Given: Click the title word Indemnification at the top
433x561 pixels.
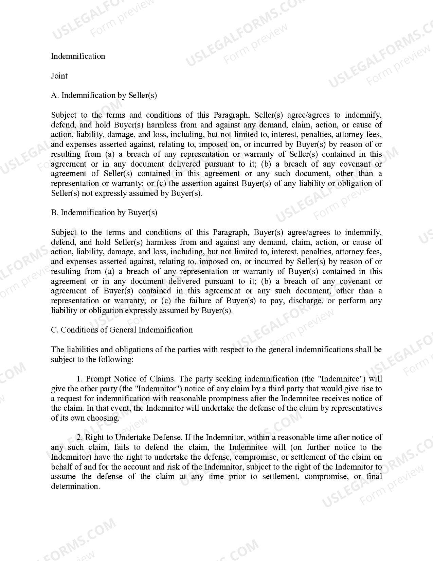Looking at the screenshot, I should click(78, 56).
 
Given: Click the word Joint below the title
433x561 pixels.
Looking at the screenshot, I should click(59, 76).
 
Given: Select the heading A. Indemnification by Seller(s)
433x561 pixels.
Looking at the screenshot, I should click(104, 95).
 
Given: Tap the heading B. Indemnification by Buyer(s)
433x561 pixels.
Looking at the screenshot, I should click(104, 213).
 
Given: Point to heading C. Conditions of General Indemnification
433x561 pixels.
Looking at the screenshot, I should click(122, 330).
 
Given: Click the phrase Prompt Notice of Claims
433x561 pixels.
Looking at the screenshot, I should click(130, 379).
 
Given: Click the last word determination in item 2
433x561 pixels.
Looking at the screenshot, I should click(75, 486).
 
